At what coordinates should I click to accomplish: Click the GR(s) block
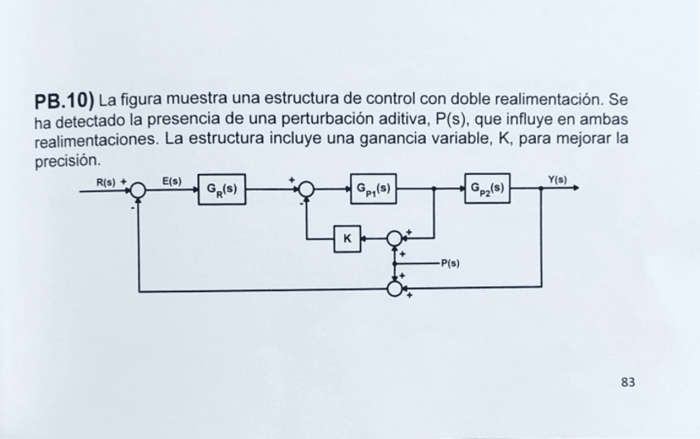(x=221, y=189)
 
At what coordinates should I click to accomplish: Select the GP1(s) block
(x=373, y=189)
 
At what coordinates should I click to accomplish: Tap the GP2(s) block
(x=487, y=189)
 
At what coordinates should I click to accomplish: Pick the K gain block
(x=347, y=238)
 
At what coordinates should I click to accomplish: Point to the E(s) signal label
(x=172, y=179)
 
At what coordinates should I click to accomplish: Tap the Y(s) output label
(x=557, y=179)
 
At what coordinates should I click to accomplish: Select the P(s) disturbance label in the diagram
(x=450, y=264)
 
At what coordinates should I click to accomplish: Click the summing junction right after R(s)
(x=138, y=191)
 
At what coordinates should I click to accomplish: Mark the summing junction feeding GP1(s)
(x=306, y=190)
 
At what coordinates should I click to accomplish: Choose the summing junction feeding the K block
(x=395, y=238)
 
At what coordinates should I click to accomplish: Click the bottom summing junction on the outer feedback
(x=395, y=289)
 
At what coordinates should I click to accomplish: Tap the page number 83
(x=628, y=381)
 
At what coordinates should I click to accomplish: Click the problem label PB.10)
(x=64, y=102)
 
